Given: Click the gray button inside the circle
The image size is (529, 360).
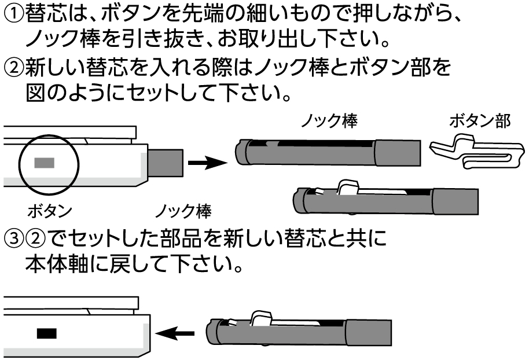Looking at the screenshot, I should tap(44, 163).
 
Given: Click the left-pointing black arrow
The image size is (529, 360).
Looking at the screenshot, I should tap(177, 333).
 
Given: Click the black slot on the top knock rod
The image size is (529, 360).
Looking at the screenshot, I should tap(324, 142).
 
